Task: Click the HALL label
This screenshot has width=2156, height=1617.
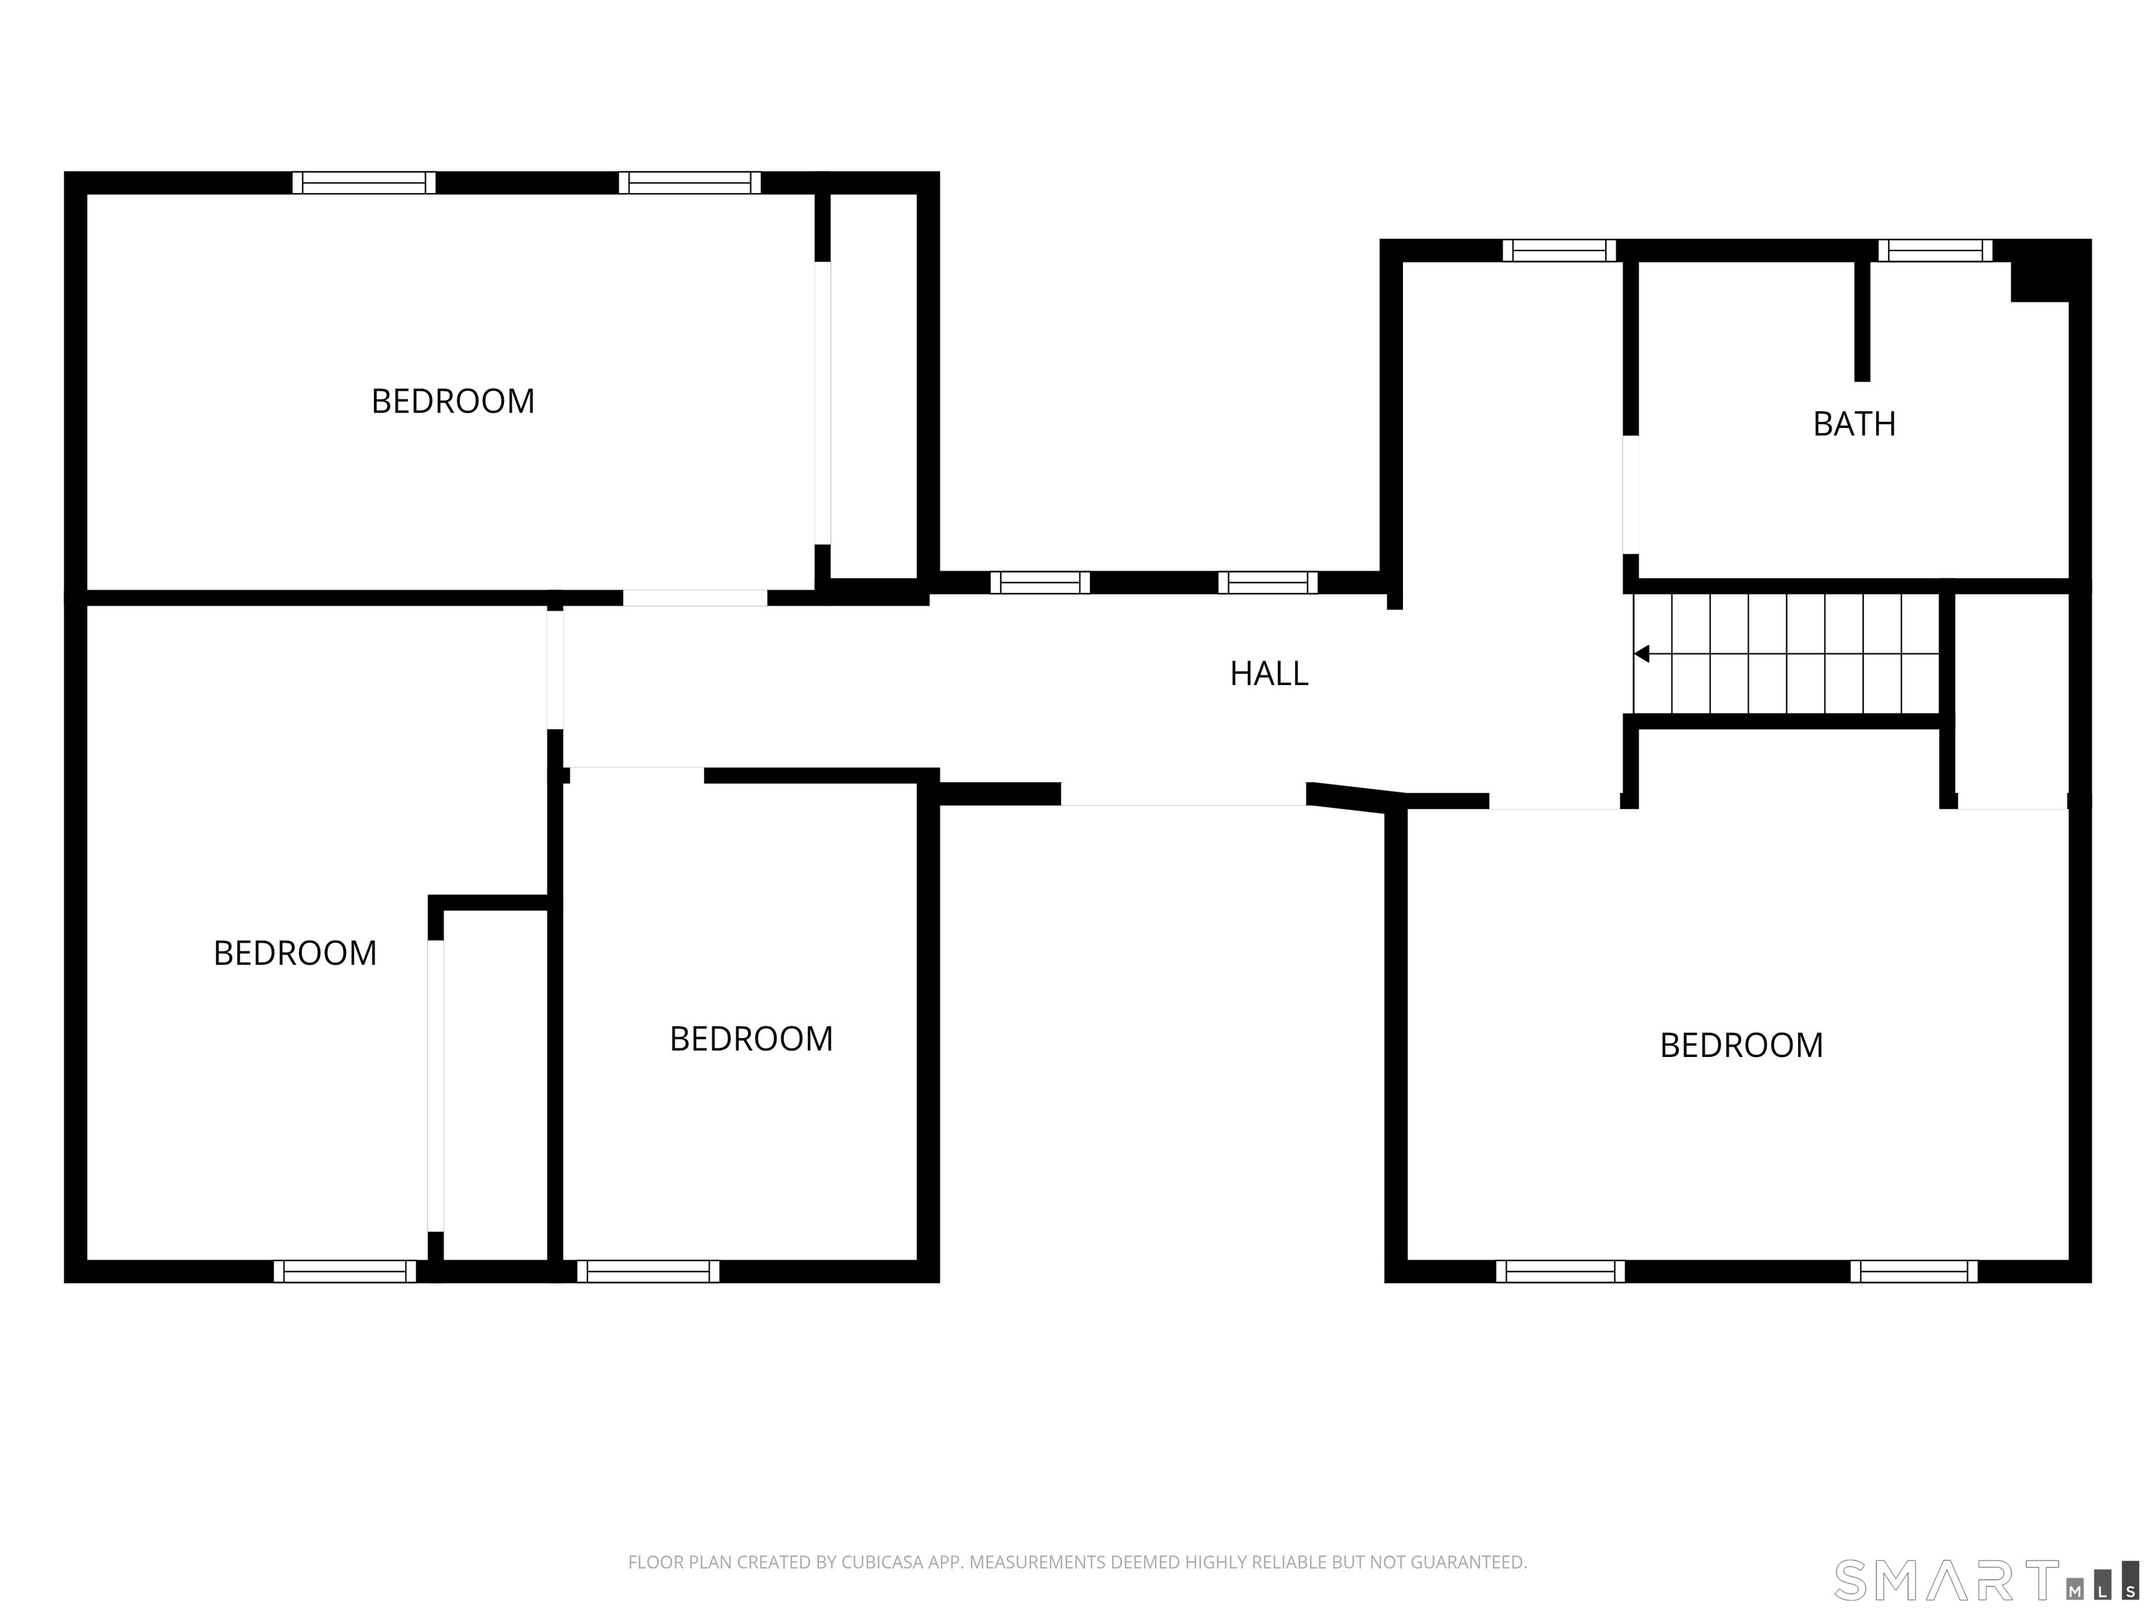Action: (x=1268, y=674)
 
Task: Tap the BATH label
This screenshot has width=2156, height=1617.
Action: (x=1854, y=424)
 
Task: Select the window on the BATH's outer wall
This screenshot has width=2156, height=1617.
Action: (x=1935, y=251)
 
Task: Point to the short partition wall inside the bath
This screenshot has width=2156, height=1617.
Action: (x=1862, y=320)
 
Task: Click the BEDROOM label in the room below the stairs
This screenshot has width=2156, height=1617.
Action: (x=1741, y=1046)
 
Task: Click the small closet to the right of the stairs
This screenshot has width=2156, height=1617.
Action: (x=2011, y=700)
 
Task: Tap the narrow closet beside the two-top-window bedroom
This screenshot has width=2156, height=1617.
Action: (x=872, y=386)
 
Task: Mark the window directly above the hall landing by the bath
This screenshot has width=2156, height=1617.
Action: (x=1559, y=251)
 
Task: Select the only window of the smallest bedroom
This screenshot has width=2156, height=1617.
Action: (x=648, y=1271)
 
